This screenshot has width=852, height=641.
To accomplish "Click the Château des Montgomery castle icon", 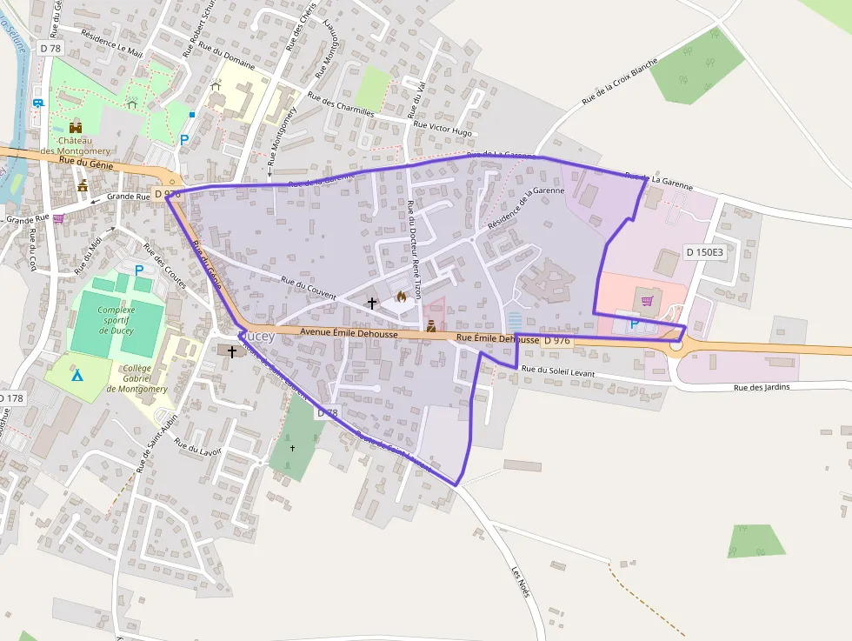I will tap(76, 127).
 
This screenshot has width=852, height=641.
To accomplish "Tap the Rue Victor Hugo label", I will tap(443, 129).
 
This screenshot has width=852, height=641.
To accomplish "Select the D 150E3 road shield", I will tap(704, 252).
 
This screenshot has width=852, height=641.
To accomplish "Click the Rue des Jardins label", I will tap(762, 387).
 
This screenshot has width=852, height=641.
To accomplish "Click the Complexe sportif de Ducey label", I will tap(116, 320).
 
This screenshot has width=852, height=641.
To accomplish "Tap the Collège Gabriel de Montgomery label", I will tap(137, 378).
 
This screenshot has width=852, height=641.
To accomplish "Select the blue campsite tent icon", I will tap(77, 376).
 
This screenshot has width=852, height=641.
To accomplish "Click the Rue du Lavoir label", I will tap(198, 446).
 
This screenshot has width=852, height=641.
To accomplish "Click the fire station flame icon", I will tap(401, 297).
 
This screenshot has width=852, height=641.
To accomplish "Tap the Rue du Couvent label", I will tap(309, 288).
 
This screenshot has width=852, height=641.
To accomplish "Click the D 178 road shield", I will tap(11, 397).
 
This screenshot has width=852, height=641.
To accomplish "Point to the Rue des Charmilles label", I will tap(341, 106).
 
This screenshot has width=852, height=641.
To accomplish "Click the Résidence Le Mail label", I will tap(111, 43).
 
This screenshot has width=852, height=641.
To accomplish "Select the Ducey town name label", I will tap(257, 336).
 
